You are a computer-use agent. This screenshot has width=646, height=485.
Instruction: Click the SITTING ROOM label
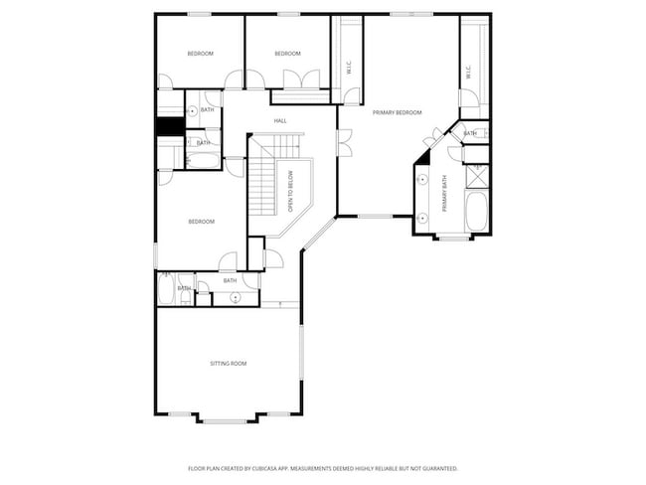tap(228, 364)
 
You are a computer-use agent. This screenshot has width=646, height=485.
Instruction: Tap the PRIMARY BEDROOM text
tap(397, 113)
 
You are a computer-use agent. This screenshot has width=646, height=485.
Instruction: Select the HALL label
tap(280, 121)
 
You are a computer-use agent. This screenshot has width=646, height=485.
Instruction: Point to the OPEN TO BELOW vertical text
tap(291, 192)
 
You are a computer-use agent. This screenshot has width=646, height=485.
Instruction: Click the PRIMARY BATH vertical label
tap(445, 193)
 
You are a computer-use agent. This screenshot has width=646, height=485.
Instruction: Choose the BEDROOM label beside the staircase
tap(201, 222)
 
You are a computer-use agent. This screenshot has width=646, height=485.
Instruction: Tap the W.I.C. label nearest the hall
tap(348, 68)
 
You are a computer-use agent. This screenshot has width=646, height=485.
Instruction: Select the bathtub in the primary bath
tap(476, 212)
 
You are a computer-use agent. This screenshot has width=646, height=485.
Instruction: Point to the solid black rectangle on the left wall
tap(166, 128)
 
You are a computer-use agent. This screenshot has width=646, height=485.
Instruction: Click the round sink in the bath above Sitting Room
tap(235, 297)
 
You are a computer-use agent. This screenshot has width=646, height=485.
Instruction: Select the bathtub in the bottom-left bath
tap(166, 290)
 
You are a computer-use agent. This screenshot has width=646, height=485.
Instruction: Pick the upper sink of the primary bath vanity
tap(422, 181)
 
